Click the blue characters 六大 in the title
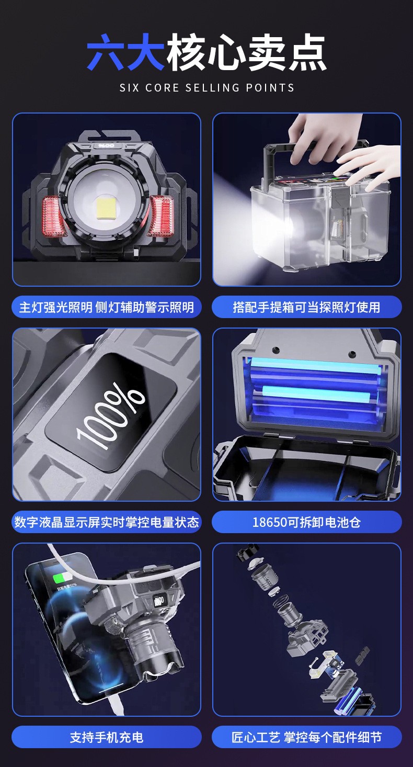(x=126, y=52)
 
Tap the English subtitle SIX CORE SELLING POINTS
(x=206, y=87)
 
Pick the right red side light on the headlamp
(x=160, y=216)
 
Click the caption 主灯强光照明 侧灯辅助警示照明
(x=106, y=307)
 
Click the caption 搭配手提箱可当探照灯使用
(x=306, y=307)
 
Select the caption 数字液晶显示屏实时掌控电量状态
(x=106, y=522)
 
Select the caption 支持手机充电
(x=106, y=737)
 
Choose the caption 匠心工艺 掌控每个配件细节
(x=306, y=737)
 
